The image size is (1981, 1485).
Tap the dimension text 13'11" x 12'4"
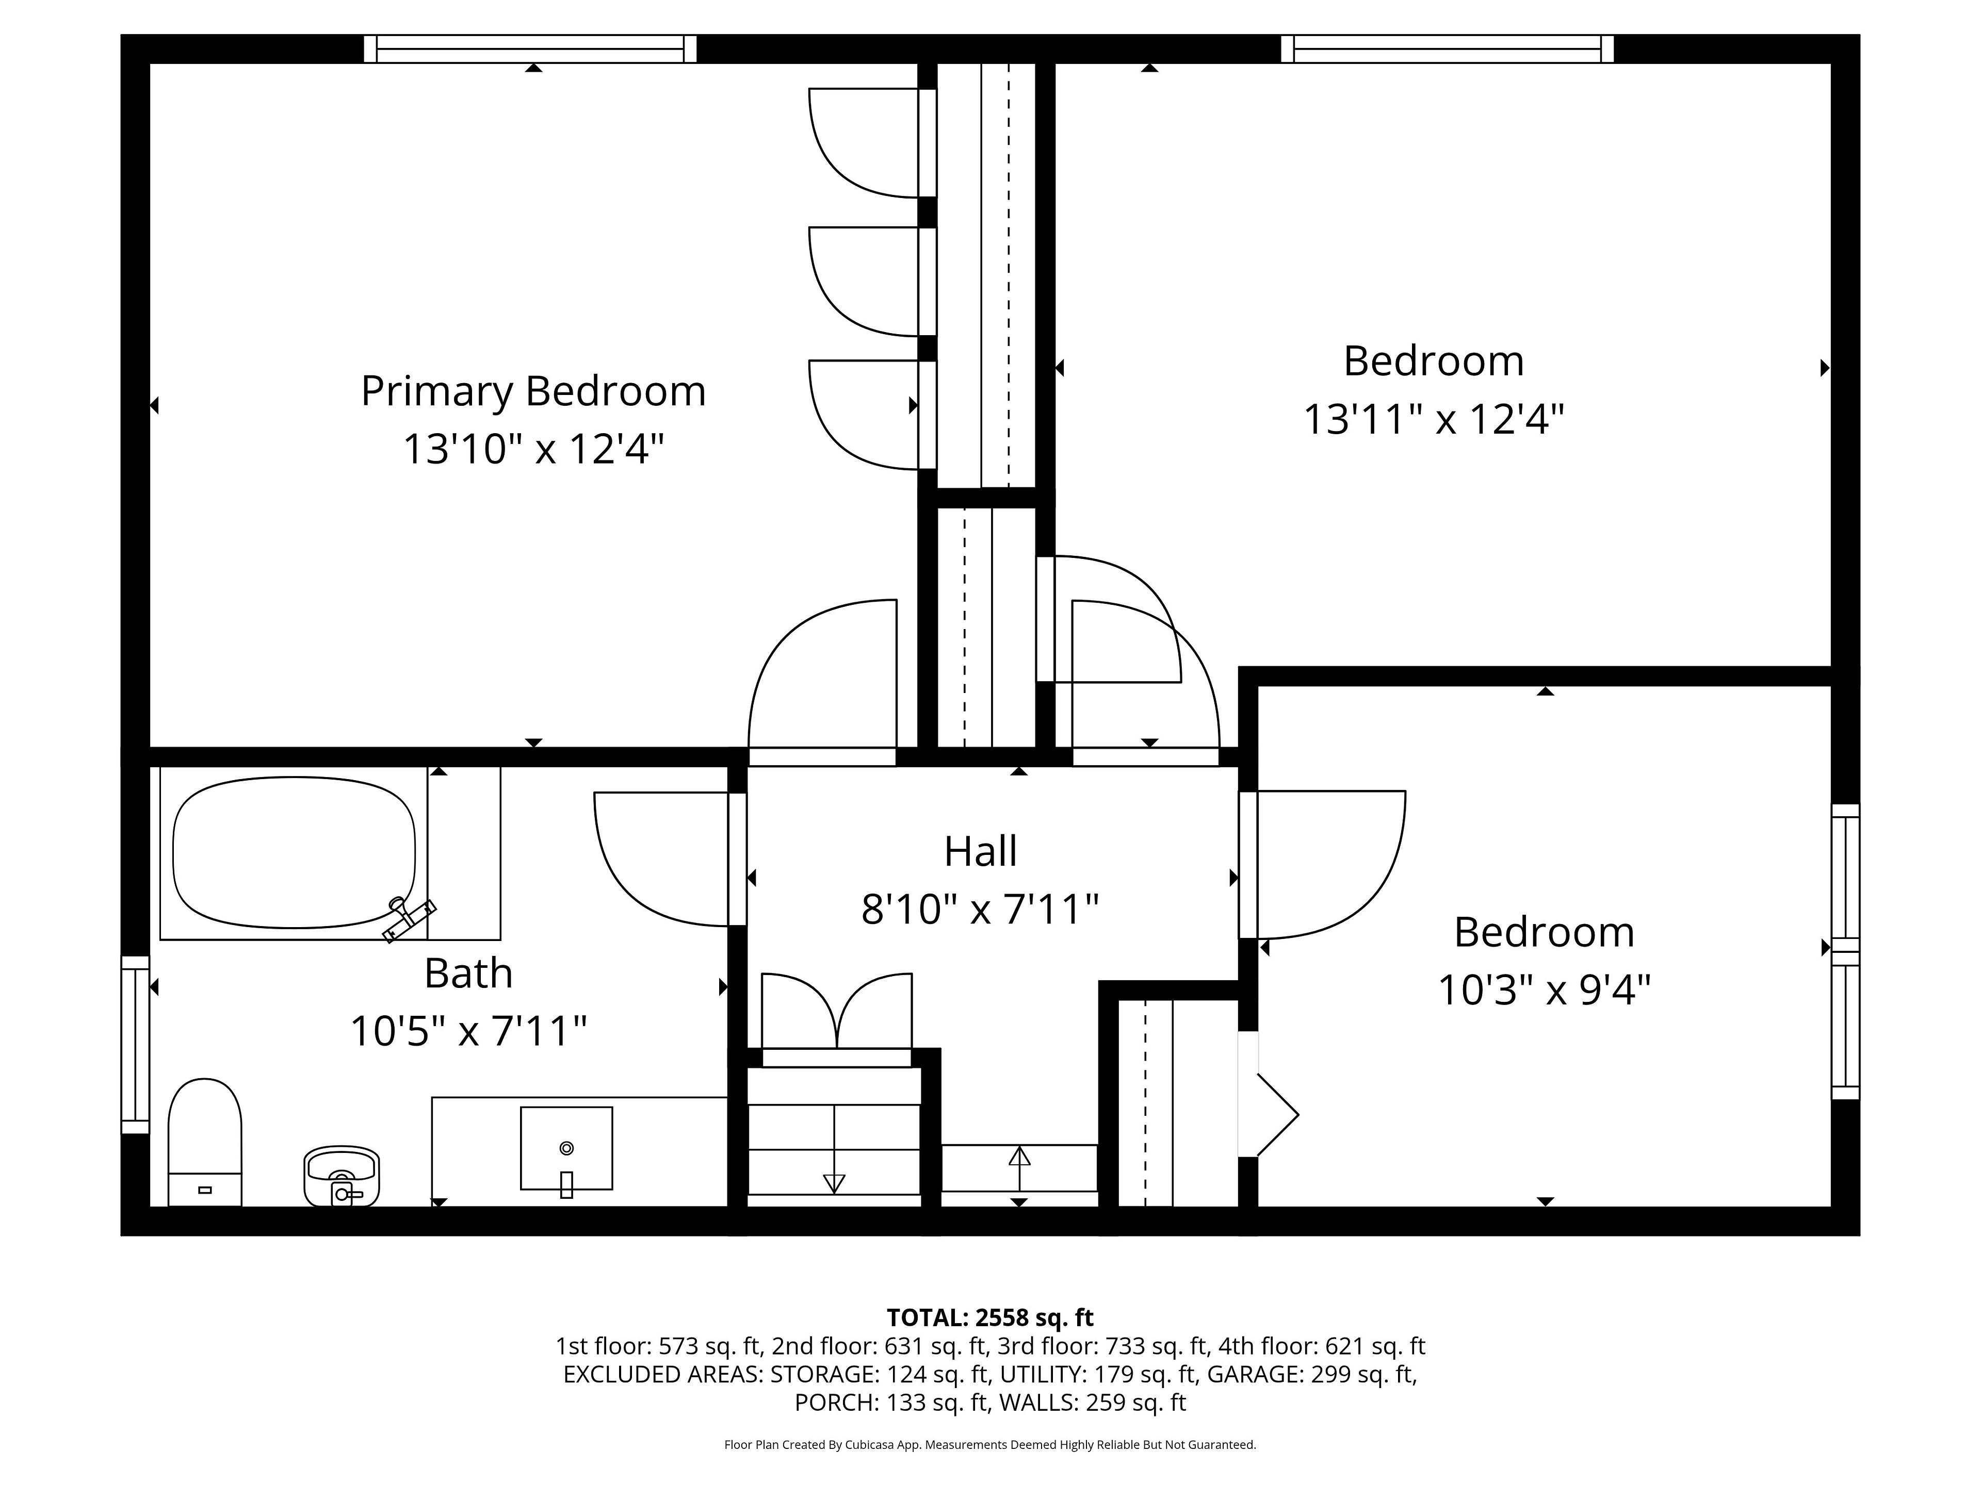[x=1433, y=419]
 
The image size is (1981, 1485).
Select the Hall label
[x=981, y=851]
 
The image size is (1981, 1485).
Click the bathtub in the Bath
[x=294, y=852]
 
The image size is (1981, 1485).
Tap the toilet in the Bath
[x=205, y=1142]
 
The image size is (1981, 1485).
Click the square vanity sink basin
[x=566, y=1148]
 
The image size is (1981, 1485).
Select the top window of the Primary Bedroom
[x=530, y=48]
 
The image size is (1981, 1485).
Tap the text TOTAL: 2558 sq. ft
[x=989, y=1317]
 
